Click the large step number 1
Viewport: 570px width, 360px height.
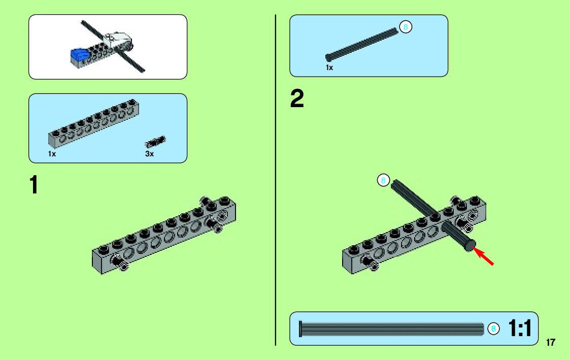pyautogui.click(x=33, y=185)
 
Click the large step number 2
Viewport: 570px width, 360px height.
pyautogui.click(x=297, y=99)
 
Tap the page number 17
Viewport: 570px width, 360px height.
pyautogui.click(x=551, y=342)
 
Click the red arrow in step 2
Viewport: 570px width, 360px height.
pyautogui.click(x=484, y=255)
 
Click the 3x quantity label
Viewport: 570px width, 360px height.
pyautogui.click(x=149, y=154)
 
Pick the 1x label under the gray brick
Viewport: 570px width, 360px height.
pyautogui.click(x=52, y=154)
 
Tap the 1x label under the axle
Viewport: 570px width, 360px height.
pyautogui.click(x=329, y=68)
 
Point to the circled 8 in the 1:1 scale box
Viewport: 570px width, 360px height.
pyautogui.click(x=492, y=329)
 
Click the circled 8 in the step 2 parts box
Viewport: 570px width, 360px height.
pyautogui.click(x=405, y=27)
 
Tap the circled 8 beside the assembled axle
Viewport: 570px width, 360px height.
pyautogui.click(x=383, y=180)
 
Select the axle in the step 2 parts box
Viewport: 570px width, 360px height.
pyautogui.click(x=361, y=44)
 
